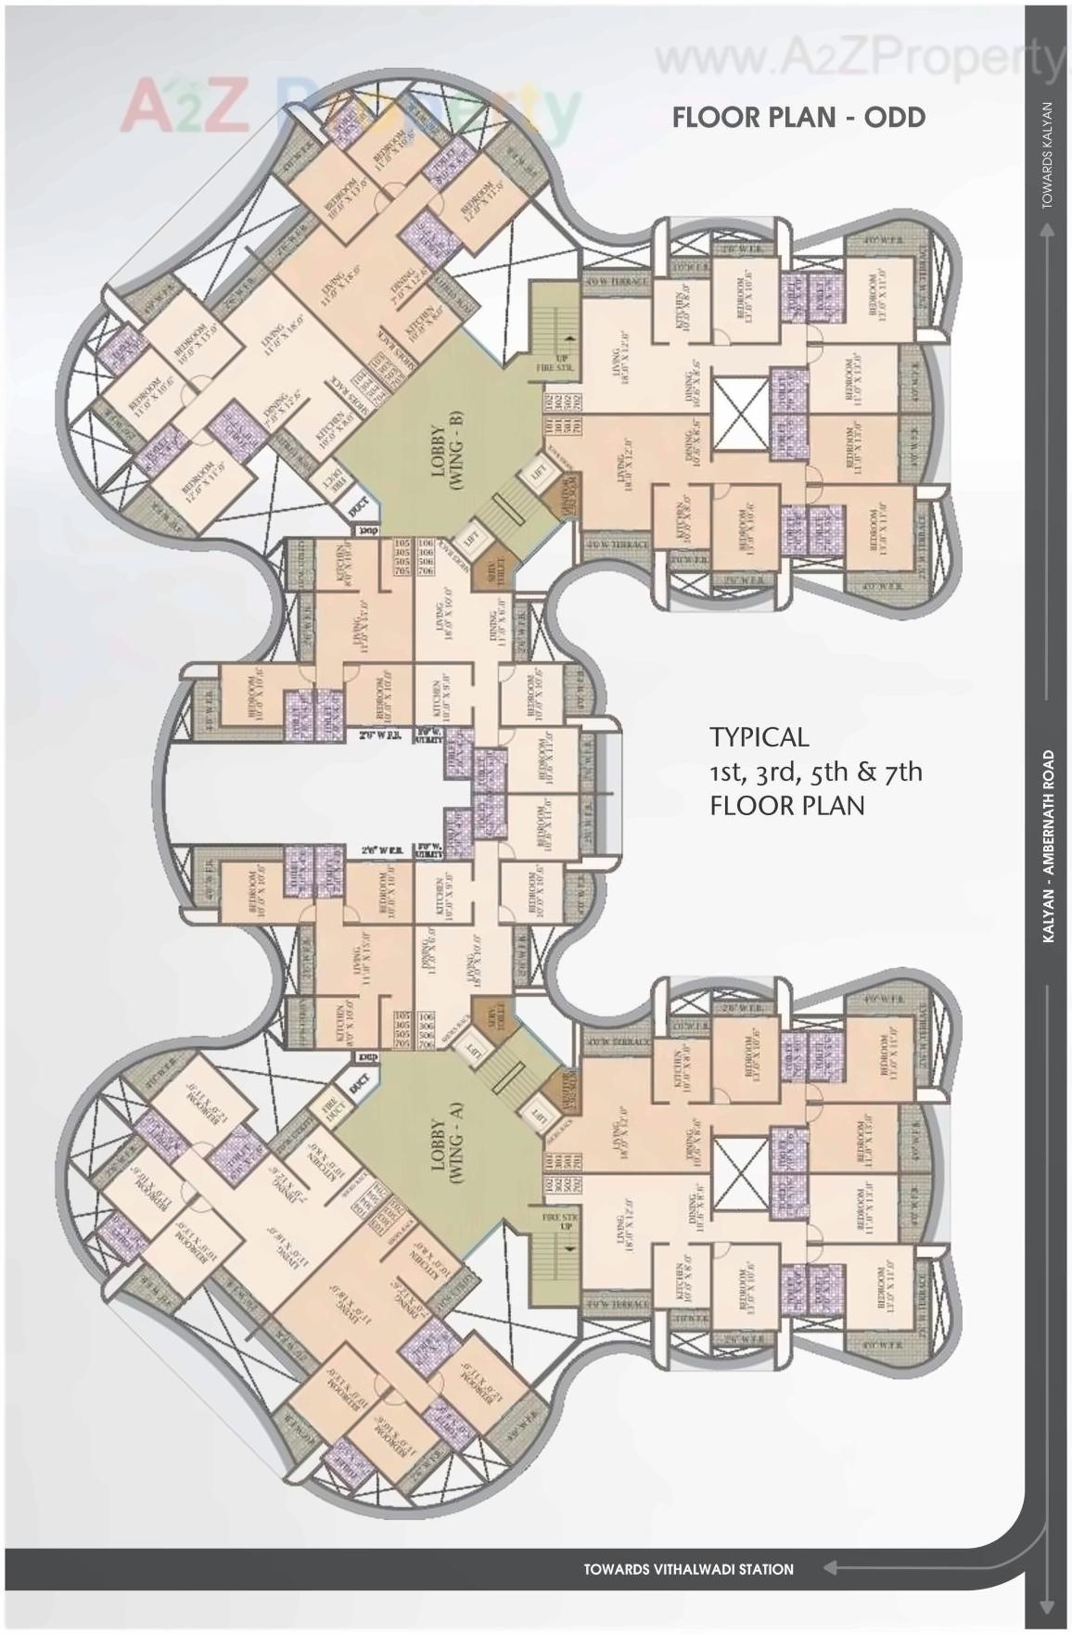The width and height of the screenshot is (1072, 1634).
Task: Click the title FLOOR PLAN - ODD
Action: point(798,118)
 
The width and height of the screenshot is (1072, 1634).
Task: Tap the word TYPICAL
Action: point(759,737)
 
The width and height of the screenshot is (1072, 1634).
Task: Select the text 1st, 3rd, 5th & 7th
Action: point(815,772)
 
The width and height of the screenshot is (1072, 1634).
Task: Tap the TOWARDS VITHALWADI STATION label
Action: point(688,1569)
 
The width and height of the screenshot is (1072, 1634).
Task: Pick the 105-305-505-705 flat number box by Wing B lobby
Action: point(402,556)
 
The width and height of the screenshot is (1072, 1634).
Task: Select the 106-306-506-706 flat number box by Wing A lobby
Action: point(426,1030)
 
